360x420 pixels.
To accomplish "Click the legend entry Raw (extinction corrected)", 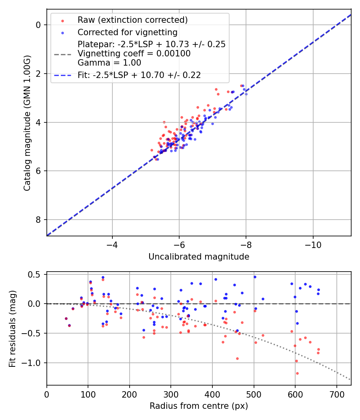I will click(x=132, y=20).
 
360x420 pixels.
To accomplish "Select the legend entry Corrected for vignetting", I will click(x=127, y=32).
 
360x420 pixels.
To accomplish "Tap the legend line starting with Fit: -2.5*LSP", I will click(x=139, y=75).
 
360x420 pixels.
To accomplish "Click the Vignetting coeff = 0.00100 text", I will click(x=134, y=54).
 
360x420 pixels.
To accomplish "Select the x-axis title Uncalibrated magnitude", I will click(x=199, y=257).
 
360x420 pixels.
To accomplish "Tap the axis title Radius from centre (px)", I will click(x=199, y=406).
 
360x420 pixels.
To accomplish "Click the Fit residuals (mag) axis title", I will click(x=12, y=328).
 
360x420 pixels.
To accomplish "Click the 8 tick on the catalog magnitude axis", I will click(x=38, y=220).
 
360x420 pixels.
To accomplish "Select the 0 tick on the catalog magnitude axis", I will click(x=38, y=25).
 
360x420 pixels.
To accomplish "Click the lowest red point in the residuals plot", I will click(x=297, y=373).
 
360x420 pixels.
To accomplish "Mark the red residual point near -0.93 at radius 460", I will click(x=237, y=358).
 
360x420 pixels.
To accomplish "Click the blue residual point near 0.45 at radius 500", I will click(x=254, y=277).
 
